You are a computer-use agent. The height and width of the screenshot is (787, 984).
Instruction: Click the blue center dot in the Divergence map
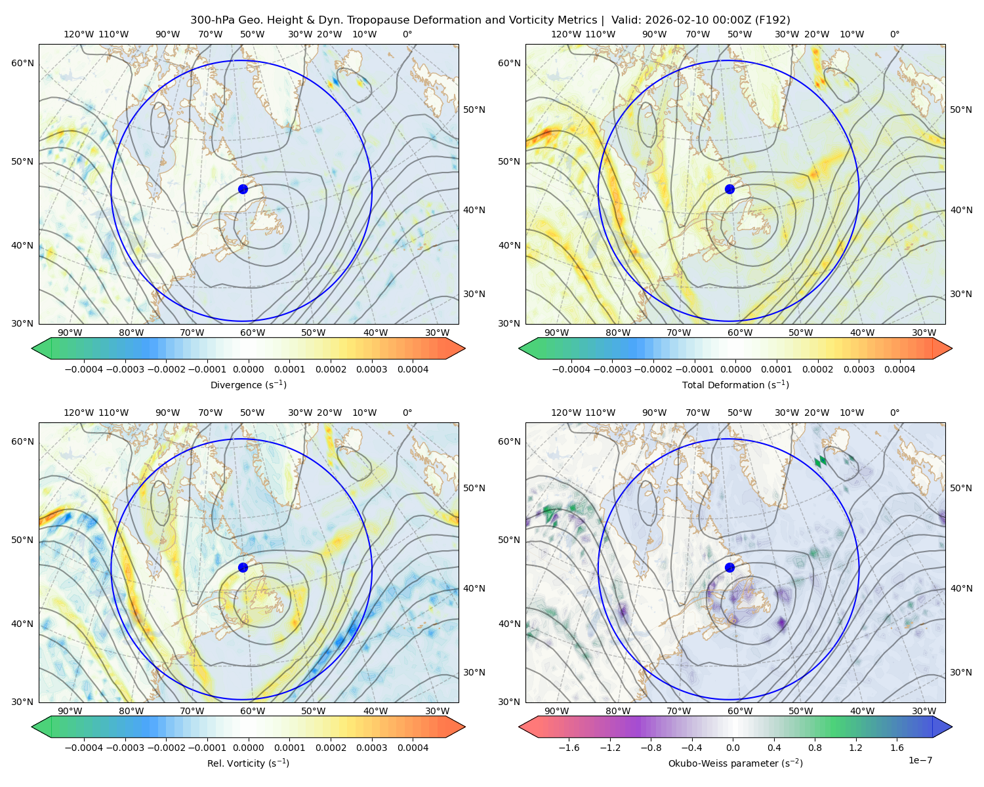[x=243, y=189]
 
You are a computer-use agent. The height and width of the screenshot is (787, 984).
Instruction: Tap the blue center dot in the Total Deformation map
[x=729, y=189]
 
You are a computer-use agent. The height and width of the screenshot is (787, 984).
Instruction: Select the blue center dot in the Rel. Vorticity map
[x=243, y=567]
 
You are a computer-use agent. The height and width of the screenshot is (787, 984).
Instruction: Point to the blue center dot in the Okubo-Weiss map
[x=729, y=567]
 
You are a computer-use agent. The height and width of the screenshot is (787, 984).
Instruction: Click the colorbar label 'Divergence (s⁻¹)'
[x=248, y=384]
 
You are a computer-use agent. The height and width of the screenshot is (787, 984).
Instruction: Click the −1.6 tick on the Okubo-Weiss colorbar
[x=569, y=748]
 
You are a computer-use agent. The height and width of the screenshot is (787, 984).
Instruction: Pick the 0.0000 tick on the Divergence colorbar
[x=248, y=369]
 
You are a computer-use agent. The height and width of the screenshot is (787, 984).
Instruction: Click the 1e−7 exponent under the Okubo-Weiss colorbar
[x=920, y=761]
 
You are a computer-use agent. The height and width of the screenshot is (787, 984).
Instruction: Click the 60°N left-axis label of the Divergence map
[x=22, y=63]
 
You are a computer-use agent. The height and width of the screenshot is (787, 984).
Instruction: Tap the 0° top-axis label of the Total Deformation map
[x=894, y=34]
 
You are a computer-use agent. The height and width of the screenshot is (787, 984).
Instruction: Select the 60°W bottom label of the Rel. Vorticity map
[x=253, y=711]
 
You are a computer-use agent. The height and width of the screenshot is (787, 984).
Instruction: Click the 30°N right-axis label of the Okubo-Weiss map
[x=961, y=672]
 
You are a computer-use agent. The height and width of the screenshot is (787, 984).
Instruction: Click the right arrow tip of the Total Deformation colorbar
[x=952, y=348]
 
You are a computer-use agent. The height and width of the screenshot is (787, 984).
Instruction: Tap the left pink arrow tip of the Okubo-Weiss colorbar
[x=519, y=727]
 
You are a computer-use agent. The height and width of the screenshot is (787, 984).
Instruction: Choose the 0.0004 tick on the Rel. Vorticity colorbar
[x=413, y=748]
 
